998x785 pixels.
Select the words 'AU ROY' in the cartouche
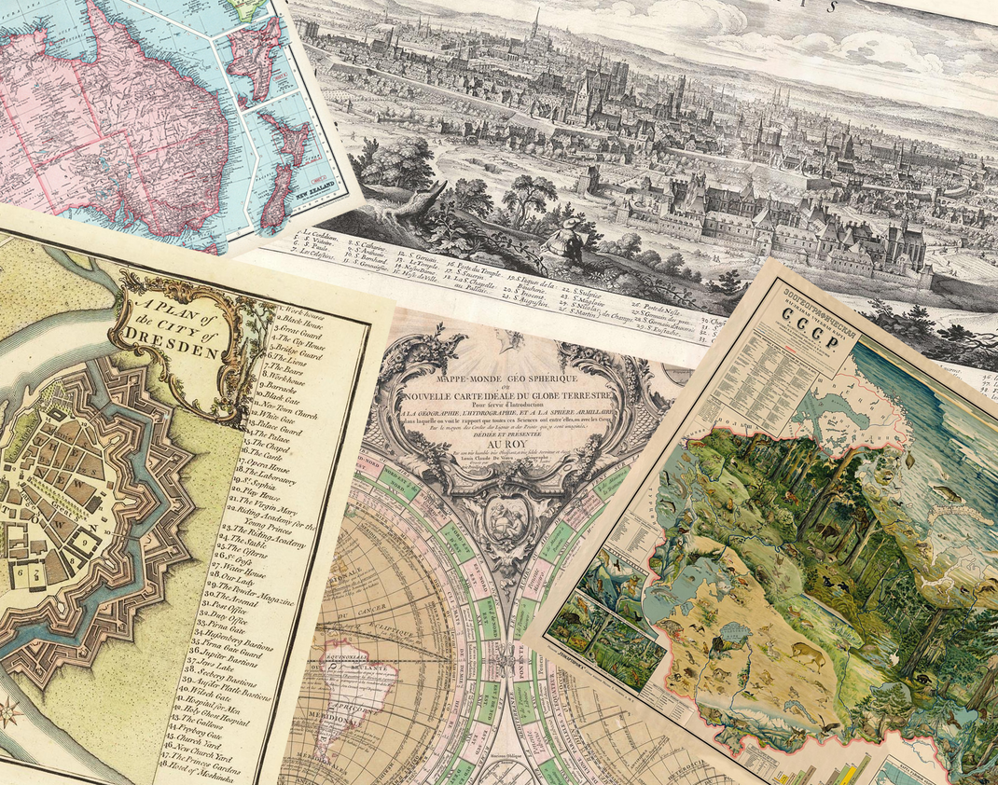492,446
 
